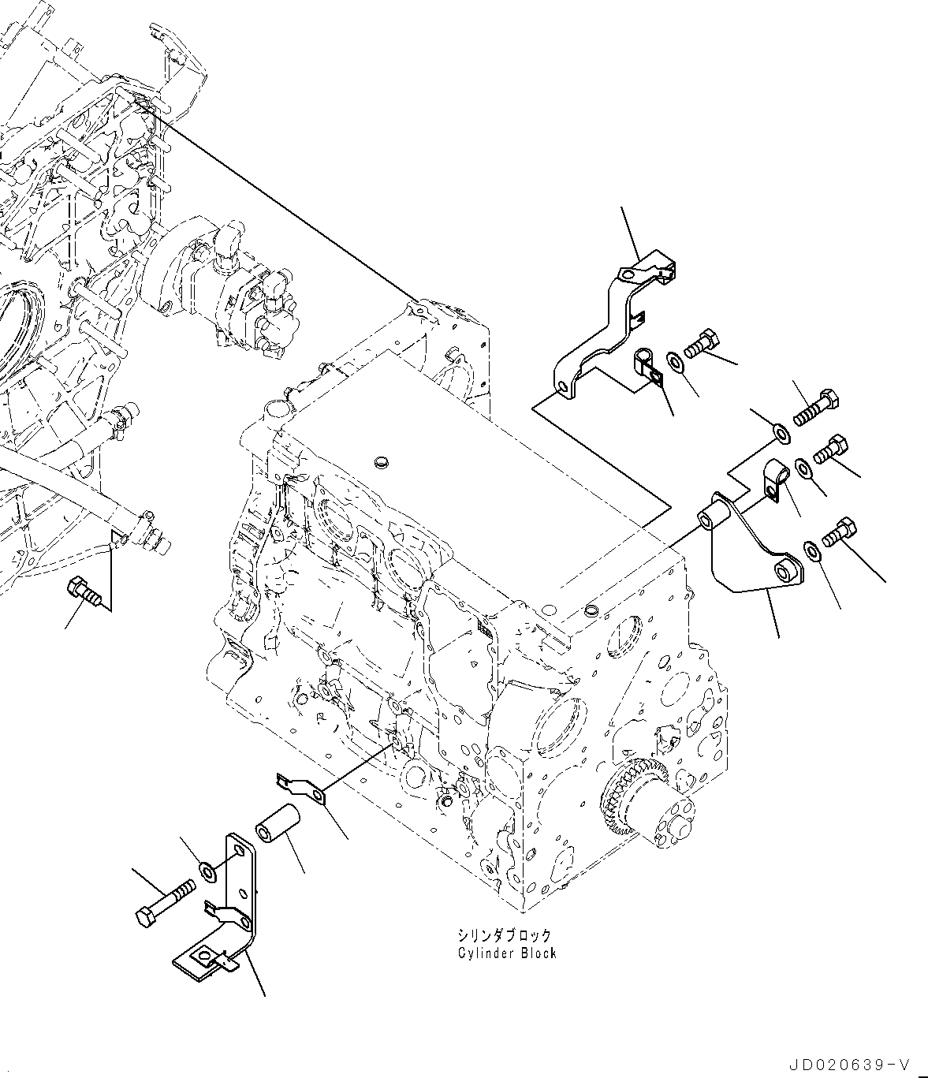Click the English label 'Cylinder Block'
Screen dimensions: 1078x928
[x=507, y=953]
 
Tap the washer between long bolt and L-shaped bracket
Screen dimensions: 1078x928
[x=208, y=871]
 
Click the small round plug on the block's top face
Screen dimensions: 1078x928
[x=383, y=460]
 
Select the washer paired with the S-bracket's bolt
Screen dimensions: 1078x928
[x=676, y=361]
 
